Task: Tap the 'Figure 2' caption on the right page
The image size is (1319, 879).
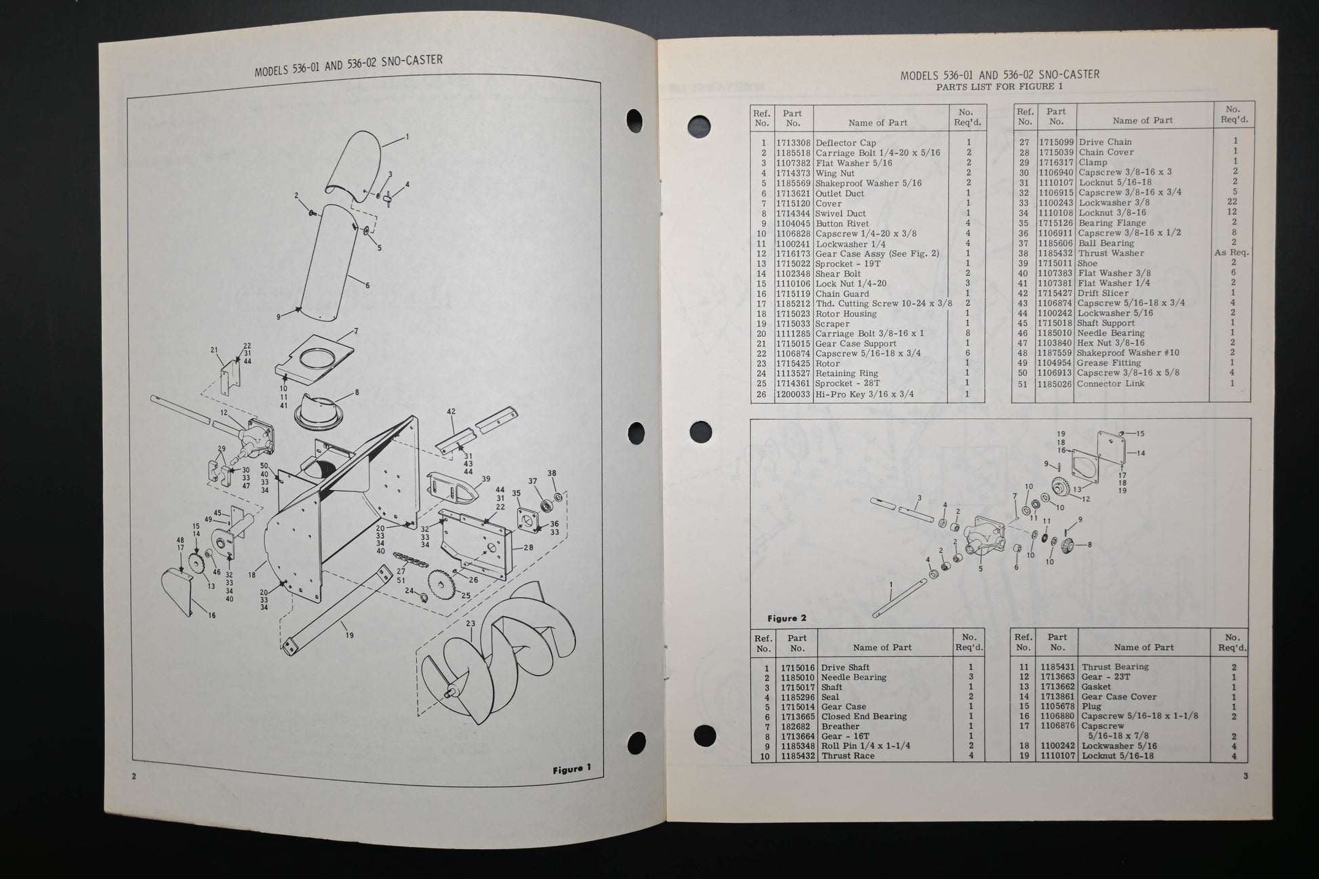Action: [786, 618]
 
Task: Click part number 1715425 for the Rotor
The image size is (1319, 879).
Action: [793, 363]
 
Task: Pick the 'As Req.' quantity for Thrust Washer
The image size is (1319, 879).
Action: [1231, 253]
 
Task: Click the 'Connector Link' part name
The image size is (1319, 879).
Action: [1111, 384]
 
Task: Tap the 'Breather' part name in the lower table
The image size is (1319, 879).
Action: [840, 726]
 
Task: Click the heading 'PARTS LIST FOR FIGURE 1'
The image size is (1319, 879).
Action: [999, 87]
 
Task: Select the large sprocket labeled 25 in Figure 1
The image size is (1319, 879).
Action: [441, 582]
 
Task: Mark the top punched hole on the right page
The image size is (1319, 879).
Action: [701, 126]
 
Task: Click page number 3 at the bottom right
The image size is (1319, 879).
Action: [1245, 777]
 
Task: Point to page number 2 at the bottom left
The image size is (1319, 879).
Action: [134, 777]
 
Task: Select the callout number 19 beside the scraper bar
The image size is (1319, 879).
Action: [350, 636]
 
